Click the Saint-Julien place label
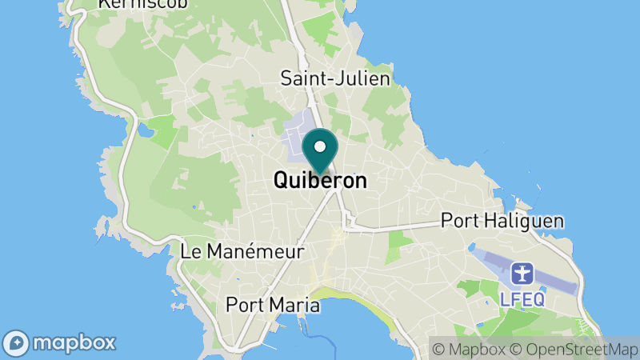pyautogui.click(x=335, y=78)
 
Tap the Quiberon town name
pyautogui.click(x=320, y=181)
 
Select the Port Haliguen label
pyautogui.click(x=502, y=221)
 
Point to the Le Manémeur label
pyautogui.click(x=242, y=251)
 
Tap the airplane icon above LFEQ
pyautogui.click(x=522, y=274)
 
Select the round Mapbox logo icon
pyautogui.click(x=17, y=343)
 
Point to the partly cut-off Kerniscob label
pyautogui.click(x=142, y=4)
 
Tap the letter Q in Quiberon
pyautogui.click(x=281, y=181)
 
